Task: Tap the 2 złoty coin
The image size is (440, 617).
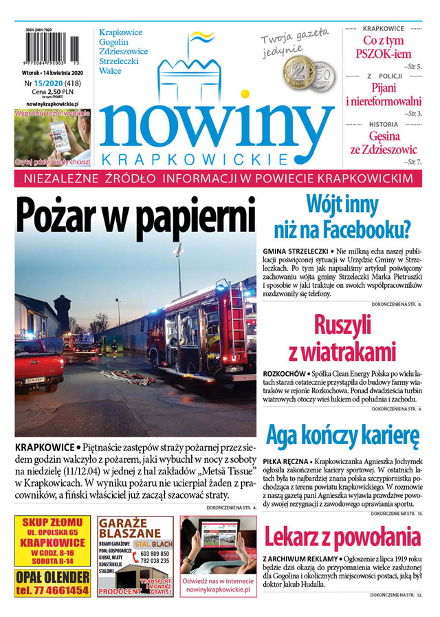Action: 300,72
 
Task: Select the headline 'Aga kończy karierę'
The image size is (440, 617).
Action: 342,437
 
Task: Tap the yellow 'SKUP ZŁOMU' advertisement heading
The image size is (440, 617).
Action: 52,521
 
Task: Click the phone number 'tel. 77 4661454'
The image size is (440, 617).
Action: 52,590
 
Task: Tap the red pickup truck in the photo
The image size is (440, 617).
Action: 38,363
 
